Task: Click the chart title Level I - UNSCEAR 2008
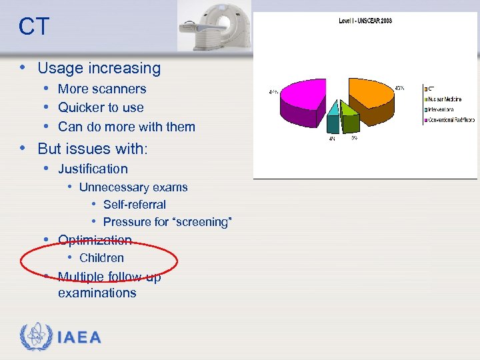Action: pos(365,21)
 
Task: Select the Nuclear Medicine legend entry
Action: pos(447,99)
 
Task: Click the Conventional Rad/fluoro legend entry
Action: pos(451,121)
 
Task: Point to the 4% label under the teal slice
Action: pos(331,139)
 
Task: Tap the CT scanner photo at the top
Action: pos(214,27)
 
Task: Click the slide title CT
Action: pos(33,27)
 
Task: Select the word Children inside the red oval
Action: pos(101,258)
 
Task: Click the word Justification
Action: pos(93,169)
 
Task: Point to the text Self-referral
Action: pos(134,205)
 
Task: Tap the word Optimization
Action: pos(95,240)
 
